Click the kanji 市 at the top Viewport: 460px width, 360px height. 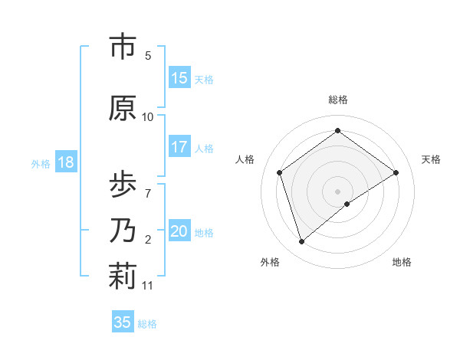pyautogui.click(x=123, y=47)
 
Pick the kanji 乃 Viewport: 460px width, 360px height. pyautogui.click(x=123, y=230)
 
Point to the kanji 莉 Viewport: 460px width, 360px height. pyautogui.click(x=123, y=277)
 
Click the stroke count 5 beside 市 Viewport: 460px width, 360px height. pyautogui.click(x=148, y=56)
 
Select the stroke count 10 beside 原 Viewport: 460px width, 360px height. pyautogui.click(x=148, y=117)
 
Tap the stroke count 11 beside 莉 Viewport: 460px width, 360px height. pyautogui.click(x=148, y=286)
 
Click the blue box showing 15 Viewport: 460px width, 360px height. pyautogui.click(x=179, y=78)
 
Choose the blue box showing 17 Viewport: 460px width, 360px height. pyautogui.click(x=179, y=147)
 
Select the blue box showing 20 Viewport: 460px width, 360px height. pyautogui.click(x=179, y=231)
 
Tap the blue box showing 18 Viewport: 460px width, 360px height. pyautogui.click(x=65, y=162)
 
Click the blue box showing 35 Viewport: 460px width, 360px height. pyautogui.click(x=123, y=322)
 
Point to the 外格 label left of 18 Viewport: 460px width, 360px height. pyautogui.click(x=41, y=163)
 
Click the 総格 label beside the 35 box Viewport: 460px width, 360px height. pyautogui.click(x=147, y=323)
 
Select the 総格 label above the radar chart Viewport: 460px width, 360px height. pyautogui.click(x=338, y=100)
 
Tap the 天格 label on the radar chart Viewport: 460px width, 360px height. pyautogui.click(x=431, y=159)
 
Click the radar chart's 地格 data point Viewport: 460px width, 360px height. pyautogui.click(x=347, y=204)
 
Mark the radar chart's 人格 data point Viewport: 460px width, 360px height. pyautogui.click(x=280, y=172)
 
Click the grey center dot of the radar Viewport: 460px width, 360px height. pyautogui.click(x=338, y=191)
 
